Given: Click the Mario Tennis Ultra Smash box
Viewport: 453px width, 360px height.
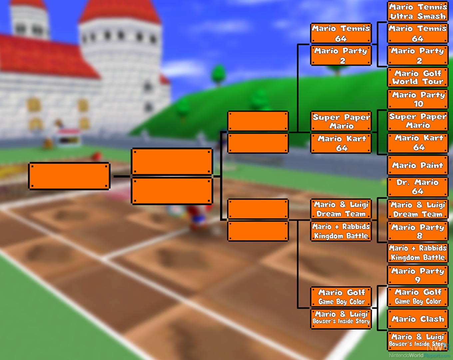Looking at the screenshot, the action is coord(418,11).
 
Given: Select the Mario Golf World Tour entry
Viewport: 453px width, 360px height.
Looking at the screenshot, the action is coord(418,77).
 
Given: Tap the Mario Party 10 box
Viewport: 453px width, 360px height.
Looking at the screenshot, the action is coord(418,99).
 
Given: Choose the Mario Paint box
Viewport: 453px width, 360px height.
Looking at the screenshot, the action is coord(418,165).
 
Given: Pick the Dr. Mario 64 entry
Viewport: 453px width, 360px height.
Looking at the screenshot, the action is coord(418,187).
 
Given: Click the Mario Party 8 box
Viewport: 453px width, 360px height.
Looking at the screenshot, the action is coord(418,231).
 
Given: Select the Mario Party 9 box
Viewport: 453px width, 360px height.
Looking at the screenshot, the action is coord(418,275).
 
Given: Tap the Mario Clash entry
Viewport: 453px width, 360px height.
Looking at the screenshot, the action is coord(418,319).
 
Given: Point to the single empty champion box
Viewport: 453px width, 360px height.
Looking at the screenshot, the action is coord(69,176).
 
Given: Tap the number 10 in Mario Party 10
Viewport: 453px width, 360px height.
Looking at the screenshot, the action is coord(418,104).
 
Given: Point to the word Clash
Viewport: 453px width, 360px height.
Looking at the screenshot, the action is coord(432,319).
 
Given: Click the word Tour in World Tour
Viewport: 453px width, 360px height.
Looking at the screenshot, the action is coord(433,82).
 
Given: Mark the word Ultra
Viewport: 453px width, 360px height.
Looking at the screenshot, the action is coord(402,16).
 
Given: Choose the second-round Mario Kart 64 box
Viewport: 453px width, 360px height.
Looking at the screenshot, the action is coord(341,143).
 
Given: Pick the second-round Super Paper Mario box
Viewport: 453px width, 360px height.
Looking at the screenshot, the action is coord(341,121).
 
